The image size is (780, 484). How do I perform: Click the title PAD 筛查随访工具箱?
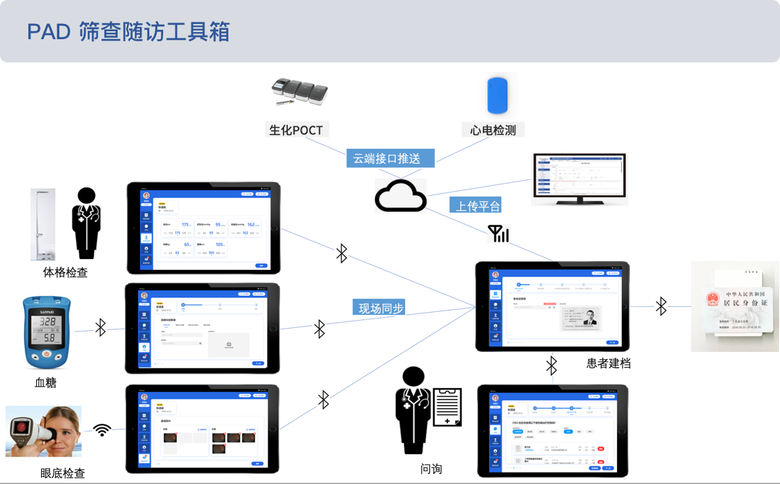coord(128,32)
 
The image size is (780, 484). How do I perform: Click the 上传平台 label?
coord(475,205)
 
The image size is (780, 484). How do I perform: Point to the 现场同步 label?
coord(379,308)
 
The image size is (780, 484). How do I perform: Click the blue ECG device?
coord(497,95)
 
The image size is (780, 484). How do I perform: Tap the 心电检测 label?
coord(493,131)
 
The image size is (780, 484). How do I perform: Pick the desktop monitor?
coord(578,179)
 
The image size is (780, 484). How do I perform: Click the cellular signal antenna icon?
coord(498,234)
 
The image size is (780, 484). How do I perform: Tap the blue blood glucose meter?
coord(49,332)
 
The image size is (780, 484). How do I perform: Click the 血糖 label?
coord(46,382)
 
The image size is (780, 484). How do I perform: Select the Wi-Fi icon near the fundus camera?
coord(102,430)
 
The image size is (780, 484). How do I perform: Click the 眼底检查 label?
coord(63,473)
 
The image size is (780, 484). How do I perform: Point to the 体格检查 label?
coord(65,273)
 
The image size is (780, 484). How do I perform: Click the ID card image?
coord(735,306)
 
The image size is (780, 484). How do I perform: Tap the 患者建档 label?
coord(608,363)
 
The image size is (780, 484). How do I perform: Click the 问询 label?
coord(431,469)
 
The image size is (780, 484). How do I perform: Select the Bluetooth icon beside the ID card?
coord(661,306)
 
